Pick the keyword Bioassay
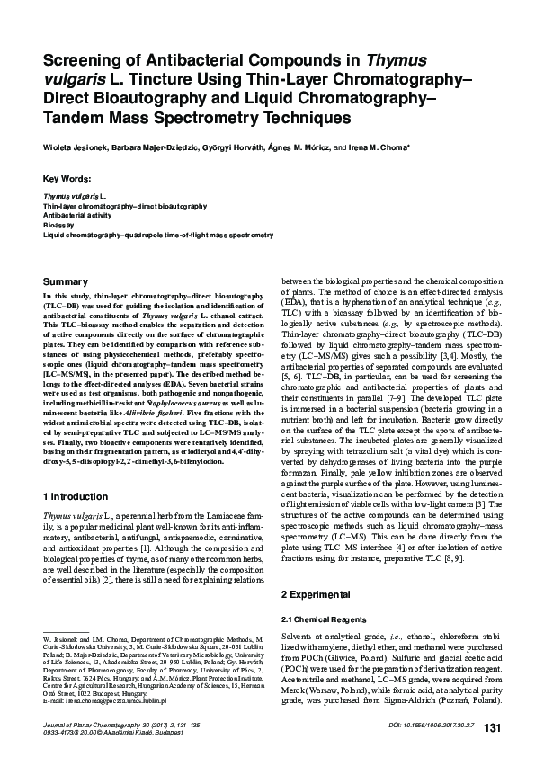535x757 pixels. point(59,225)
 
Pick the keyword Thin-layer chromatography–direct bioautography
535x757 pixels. point(109,206)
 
